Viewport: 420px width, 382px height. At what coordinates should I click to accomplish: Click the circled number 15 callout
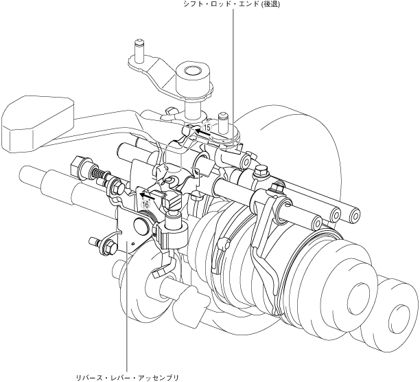pyautogui.click(x=207, y=127)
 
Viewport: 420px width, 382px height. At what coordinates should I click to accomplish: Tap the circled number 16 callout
pyautogui.click(x=146, y=205)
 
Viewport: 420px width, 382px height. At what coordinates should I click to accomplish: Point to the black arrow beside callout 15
pyautogui.click(x=202, y=132)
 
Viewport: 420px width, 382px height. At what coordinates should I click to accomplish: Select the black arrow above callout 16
pyautogui.click(x=148, y=196)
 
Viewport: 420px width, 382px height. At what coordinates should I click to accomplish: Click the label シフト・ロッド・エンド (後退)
pyautogui.click(x=231, y=4)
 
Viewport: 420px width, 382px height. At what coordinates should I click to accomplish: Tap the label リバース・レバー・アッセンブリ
pyautogui.click(x=127, y=378)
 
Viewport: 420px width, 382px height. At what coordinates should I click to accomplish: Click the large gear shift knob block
pyautogui.click(x=37, y=124)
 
